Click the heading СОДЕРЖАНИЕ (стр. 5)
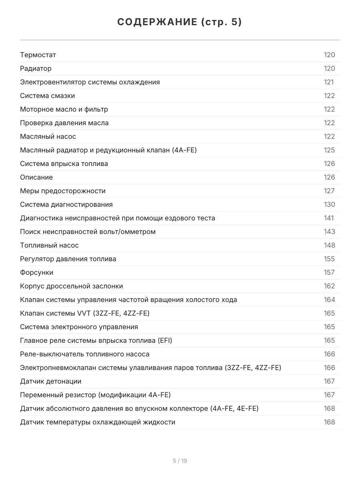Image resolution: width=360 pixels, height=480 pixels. click(180, 22)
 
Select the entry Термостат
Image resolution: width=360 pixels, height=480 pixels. click(38, 55)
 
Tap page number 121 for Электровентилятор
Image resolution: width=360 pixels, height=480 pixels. click(328, 82)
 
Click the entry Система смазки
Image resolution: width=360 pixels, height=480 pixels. click(47, 96)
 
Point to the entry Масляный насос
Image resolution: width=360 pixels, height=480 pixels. click(48, 136)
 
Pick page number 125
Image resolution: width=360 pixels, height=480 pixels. click(329, 150)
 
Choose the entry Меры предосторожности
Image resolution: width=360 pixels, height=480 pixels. click(63, 191)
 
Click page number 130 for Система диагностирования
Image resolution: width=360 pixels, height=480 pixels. click(329, 204)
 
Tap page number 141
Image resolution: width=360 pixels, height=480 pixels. click(328, 218)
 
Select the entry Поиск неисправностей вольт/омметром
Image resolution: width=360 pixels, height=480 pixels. click(88, 232)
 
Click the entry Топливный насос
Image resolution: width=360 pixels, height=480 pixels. click(49, 245)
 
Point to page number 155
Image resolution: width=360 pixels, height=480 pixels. click(329, 259)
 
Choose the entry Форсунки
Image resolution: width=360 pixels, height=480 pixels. click(36, 272)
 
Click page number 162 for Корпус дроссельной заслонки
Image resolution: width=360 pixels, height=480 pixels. click(329, 286)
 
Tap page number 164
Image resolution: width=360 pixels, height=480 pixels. click(329, 300)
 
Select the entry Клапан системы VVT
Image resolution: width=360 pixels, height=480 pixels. click(85, 313)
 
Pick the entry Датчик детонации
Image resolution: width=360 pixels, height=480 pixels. click(50, 381)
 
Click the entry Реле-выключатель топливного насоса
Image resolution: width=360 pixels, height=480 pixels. click(85, 354)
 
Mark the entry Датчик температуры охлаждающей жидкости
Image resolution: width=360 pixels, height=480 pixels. click(98, 422)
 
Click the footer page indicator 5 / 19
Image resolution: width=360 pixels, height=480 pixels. click(180, 461)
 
